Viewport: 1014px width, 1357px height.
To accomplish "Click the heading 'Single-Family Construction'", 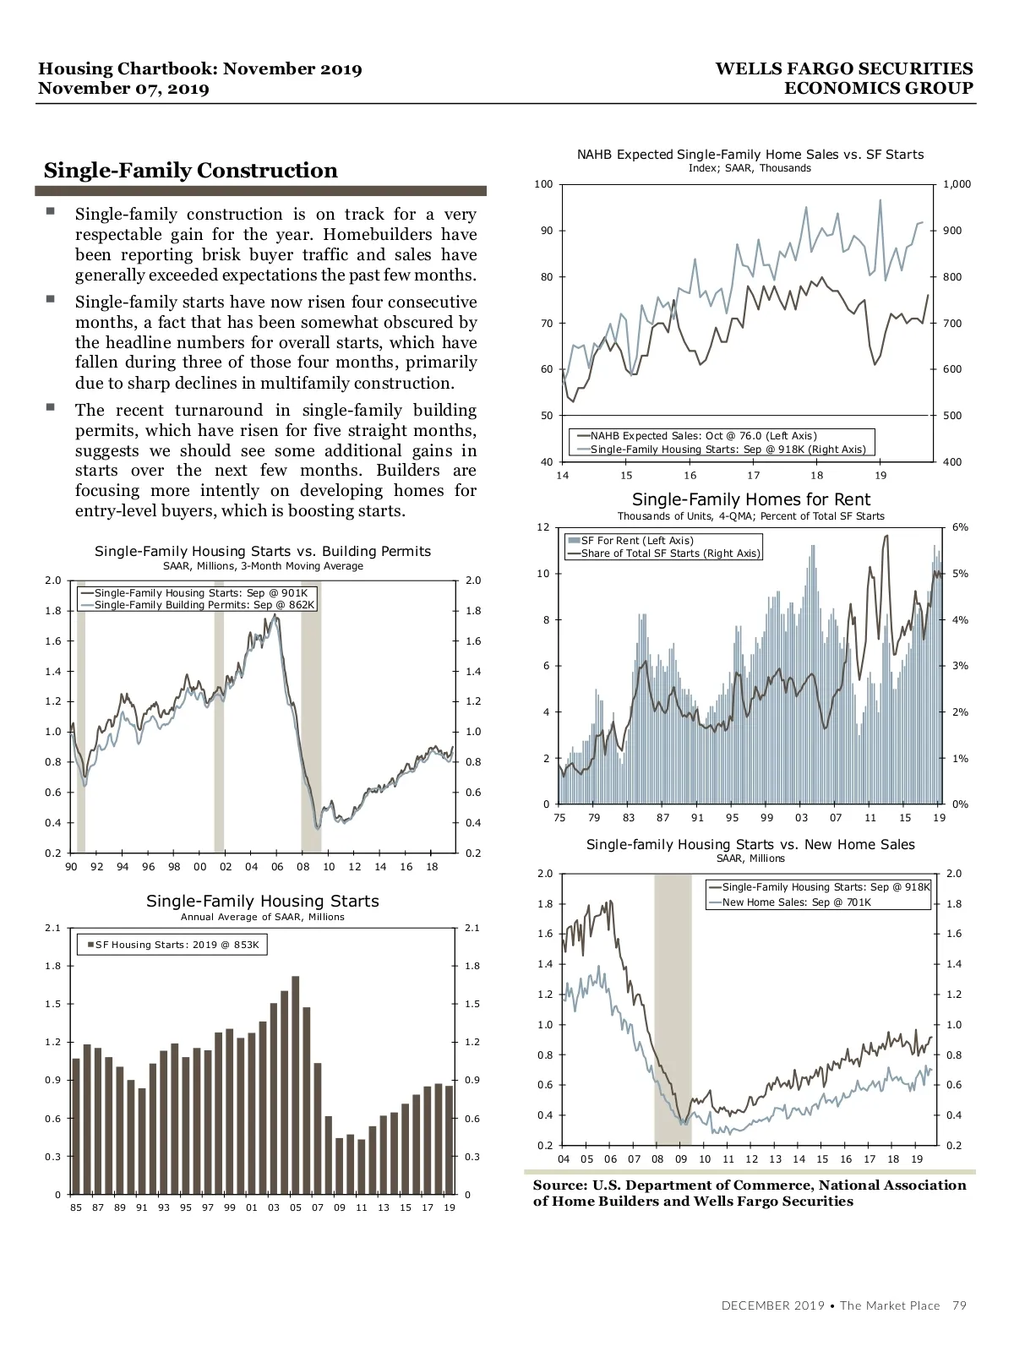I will click(x=190, y=171).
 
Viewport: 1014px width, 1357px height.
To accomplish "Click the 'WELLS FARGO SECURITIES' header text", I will click(x=843, y=69).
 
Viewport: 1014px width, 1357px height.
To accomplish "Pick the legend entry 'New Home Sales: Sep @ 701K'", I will click(x=796, y=902).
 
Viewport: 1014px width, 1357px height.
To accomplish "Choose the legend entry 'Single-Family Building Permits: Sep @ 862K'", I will click(x=204, y=605).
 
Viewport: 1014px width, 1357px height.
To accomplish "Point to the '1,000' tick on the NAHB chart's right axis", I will click(x=957, y=184).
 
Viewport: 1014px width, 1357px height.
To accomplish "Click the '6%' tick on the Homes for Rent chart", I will click(x=960, y=527).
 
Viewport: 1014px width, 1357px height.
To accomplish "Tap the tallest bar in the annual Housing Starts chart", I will click(x=296, y=1085).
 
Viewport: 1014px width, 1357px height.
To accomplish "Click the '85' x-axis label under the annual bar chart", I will click(x=76, y=1207).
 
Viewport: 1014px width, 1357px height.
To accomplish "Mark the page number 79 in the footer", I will click(x=959, y=1305).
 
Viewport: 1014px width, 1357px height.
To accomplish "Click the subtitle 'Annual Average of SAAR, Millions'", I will click(x=263, y=917).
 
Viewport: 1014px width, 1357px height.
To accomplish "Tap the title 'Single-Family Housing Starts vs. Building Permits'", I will click(x=263, y=552).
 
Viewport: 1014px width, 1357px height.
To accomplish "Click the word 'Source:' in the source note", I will click(x=559, y=1185).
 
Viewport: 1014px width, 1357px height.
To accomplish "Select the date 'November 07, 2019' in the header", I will click(x=124, y=89).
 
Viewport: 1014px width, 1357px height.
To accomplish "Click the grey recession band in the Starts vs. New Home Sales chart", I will click(x=673, y=1005).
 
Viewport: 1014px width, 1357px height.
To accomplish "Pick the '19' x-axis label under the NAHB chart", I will click(x=880, y=476).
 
